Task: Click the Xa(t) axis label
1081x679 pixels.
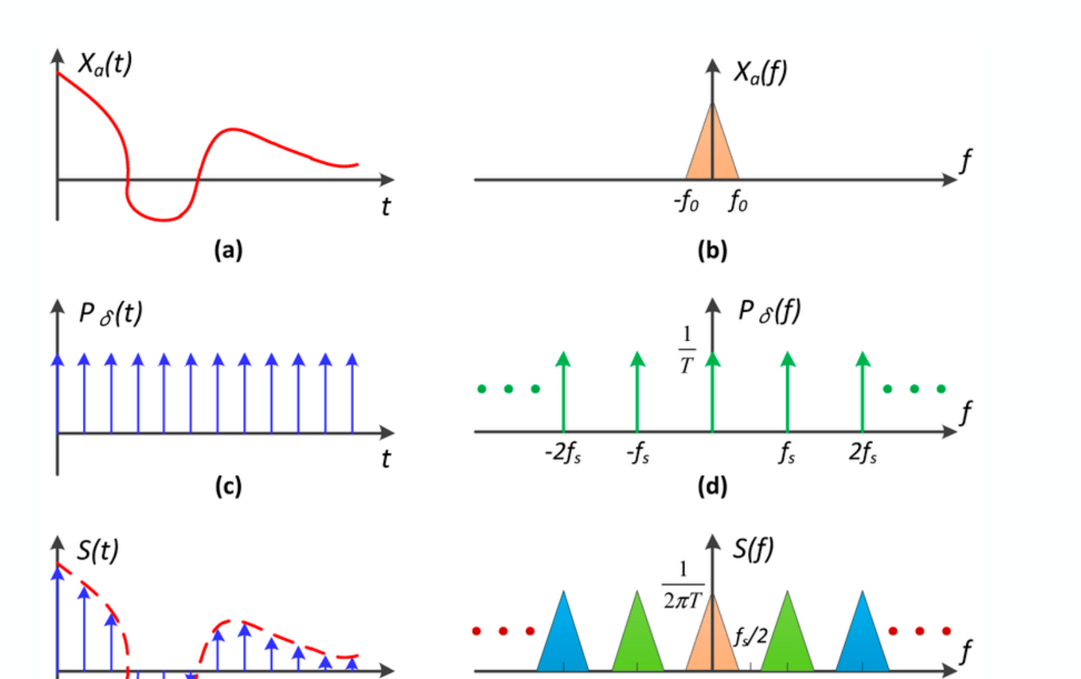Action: click(105, 63)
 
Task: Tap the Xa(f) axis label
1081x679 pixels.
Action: click(761, 73)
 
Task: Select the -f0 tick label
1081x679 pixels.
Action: click(686, 201)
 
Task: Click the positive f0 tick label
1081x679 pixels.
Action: click(738, 201)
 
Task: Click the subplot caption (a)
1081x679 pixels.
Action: click(228, 250)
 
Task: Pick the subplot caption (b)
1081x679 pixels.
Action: click(712, 251)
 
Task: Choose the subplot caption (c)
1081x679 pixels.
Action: click(228, 486)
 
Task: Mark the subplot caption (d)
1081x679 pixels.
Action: click(712, 487)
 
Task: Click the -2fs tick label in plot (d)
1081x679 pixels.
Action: click(563, 453)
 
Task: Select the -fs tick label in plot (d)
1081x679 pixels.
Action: click(638, 453)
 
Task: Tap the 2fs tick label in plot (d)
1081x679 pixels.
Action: click(863, 453)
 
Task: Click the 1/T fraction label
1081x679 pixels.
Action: click(687, 351)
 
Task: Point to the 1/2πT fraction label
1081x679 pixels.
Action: click(683, 585)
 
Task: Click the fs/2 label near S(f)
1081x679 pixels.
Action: click(750, 636)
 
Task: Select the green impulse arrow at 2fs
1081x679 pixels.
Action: click(863, 392)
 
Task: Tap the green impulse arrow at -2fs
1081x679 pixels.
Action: click(563, 392)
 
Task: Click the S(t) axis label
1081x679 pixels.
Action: click(98, 550)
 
